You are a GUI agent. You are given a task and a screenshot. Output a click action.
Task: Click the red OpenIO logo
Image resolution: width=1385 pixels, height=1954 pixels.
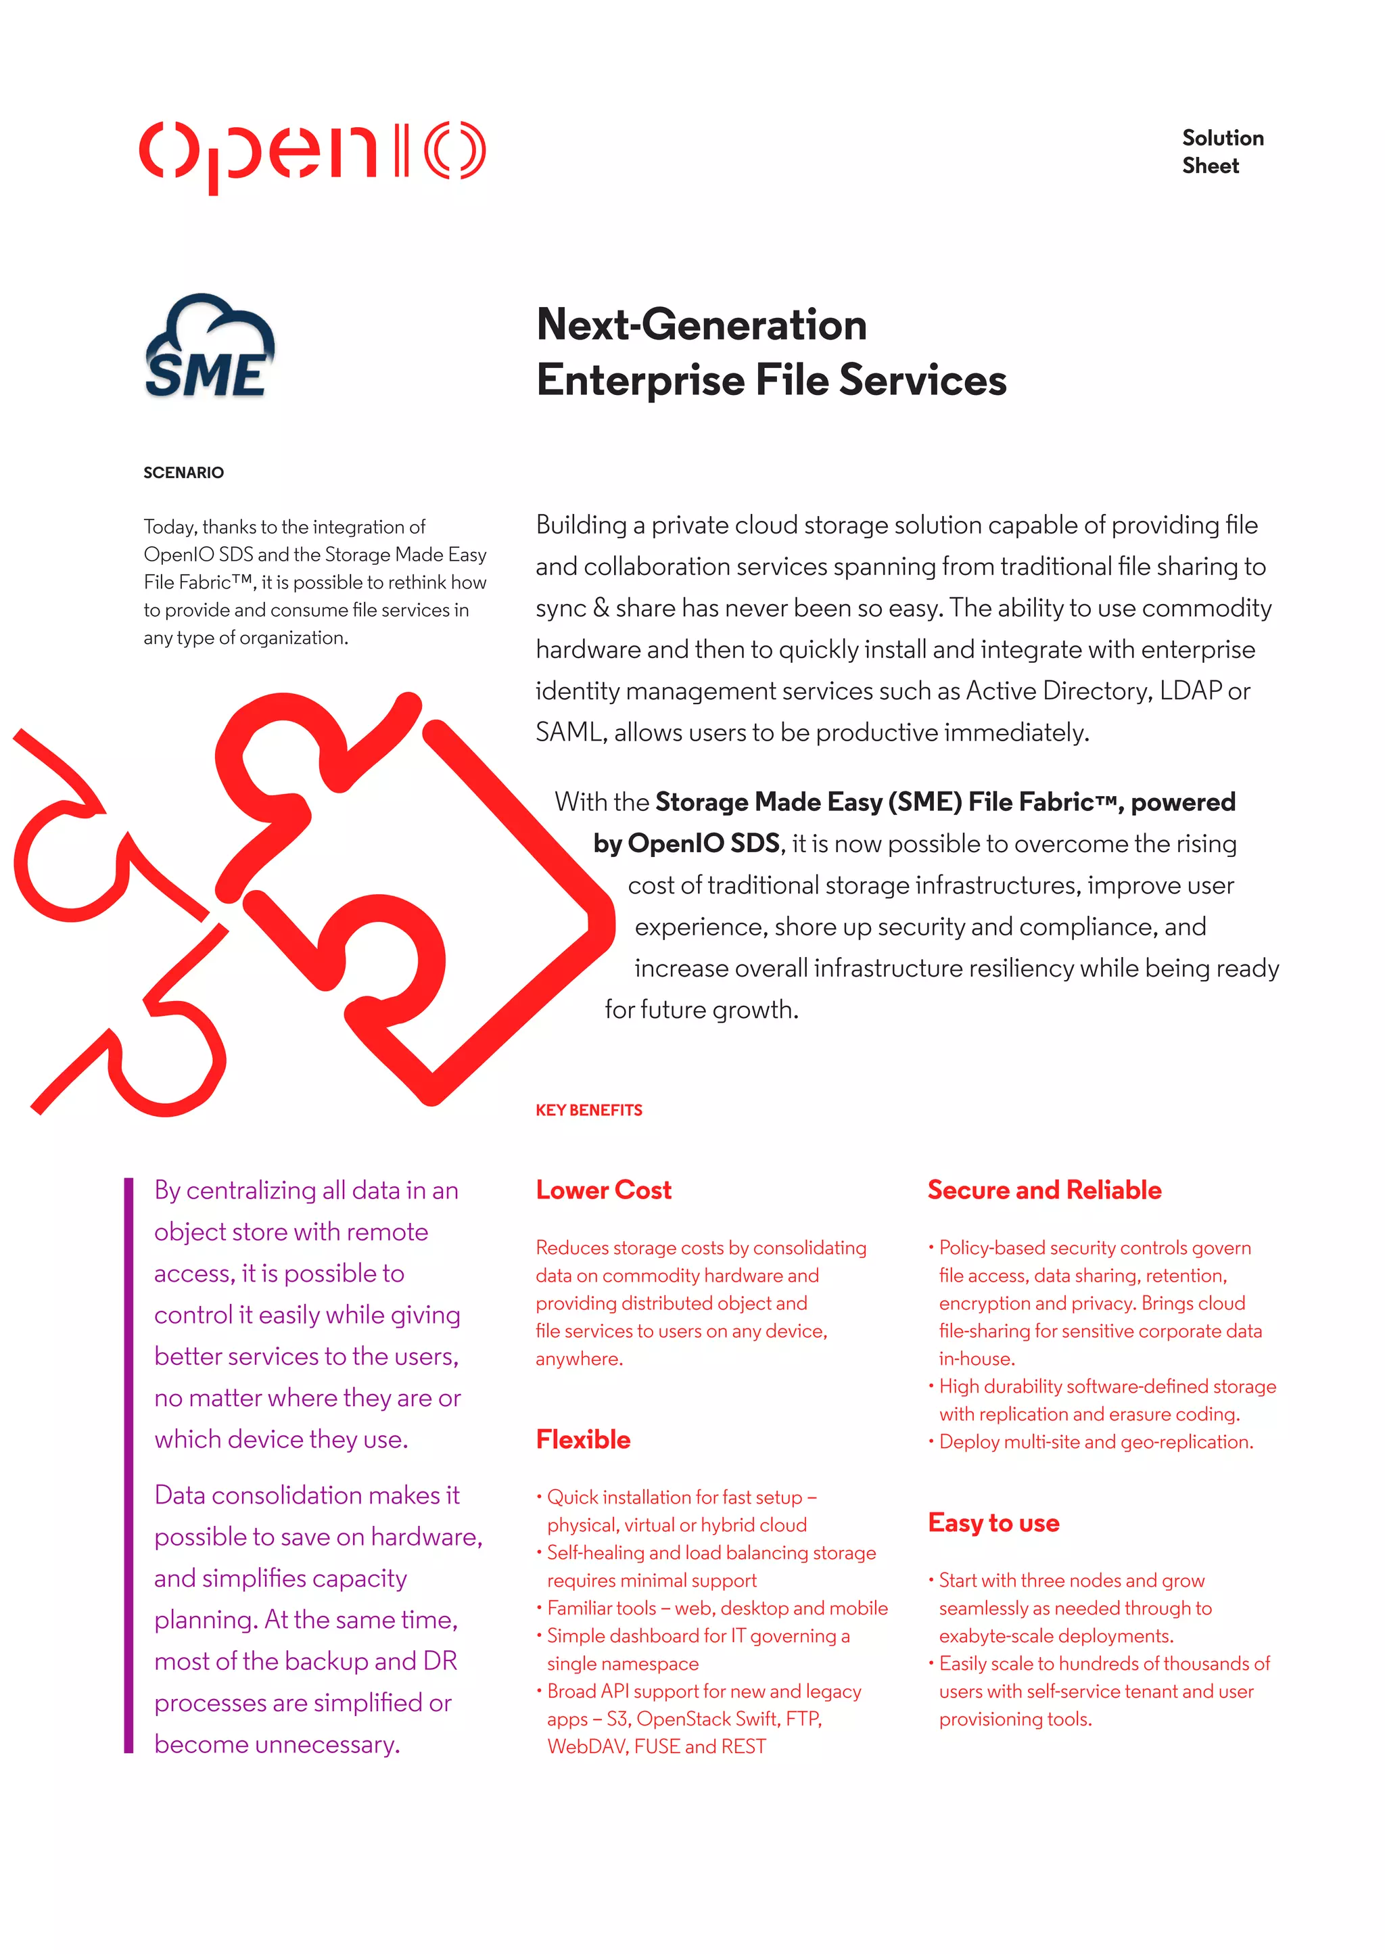click(312, 154)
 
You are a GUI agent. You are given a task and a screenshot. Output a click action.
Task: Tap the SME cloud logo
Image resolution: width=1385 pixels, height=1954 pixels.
click(209, 347)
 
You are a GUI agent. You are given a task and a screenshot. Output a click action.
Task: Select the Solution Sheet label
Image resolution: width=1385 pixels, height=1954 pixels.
click(1222, 152)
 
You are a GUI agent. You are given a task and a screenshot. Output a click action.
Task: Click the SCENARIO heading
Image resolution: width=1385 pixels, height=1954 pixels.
click(183, 473)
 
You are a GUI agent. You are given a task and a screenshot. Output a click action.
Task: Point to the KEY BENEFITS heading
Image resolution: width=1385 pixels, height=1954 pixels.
click(588, 1110)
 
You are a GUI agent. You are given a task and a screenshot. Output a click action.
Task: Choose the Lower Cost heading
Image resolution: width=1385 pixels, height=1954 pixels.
click(603, 1190)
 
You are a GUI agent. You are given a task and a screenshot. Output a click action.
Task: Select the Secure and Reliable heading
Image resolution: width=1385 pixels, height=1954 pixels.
click(1044, 1190)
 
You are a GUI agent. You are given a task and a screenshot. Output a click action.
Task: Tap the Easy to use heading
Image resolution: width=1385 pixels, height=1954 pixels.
click(993, 1522)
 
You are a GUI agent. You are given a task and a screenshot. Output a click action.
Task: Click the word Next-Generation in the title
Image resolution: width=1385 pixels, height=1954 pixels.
click(701, 325)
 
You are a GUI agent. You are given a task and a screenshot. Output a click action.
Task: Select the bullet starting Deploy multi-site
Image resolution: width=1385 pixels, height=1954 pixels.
click(1095, 1442)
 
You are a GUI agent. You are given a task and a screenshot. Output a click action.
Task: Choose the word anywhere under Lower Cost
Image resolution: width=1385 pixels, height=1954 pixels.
click(578, 1359)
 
